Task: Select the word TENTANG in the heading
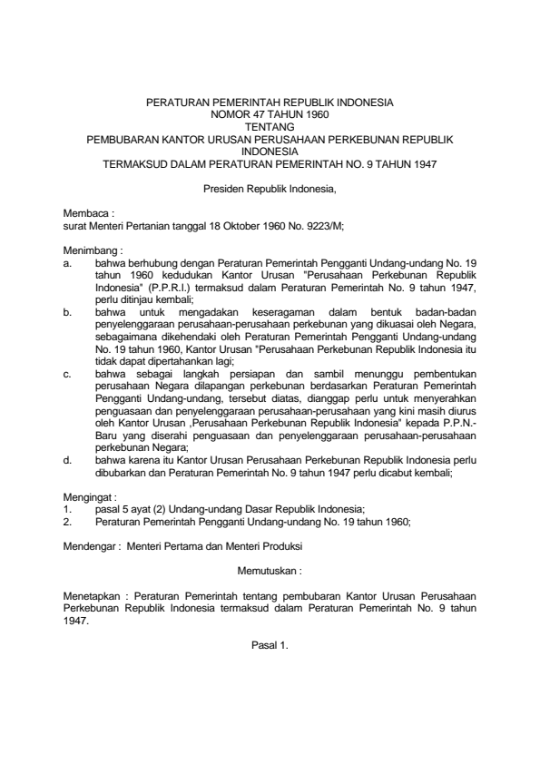(270, 128)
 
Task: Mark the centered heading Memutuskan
(270, 572)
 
